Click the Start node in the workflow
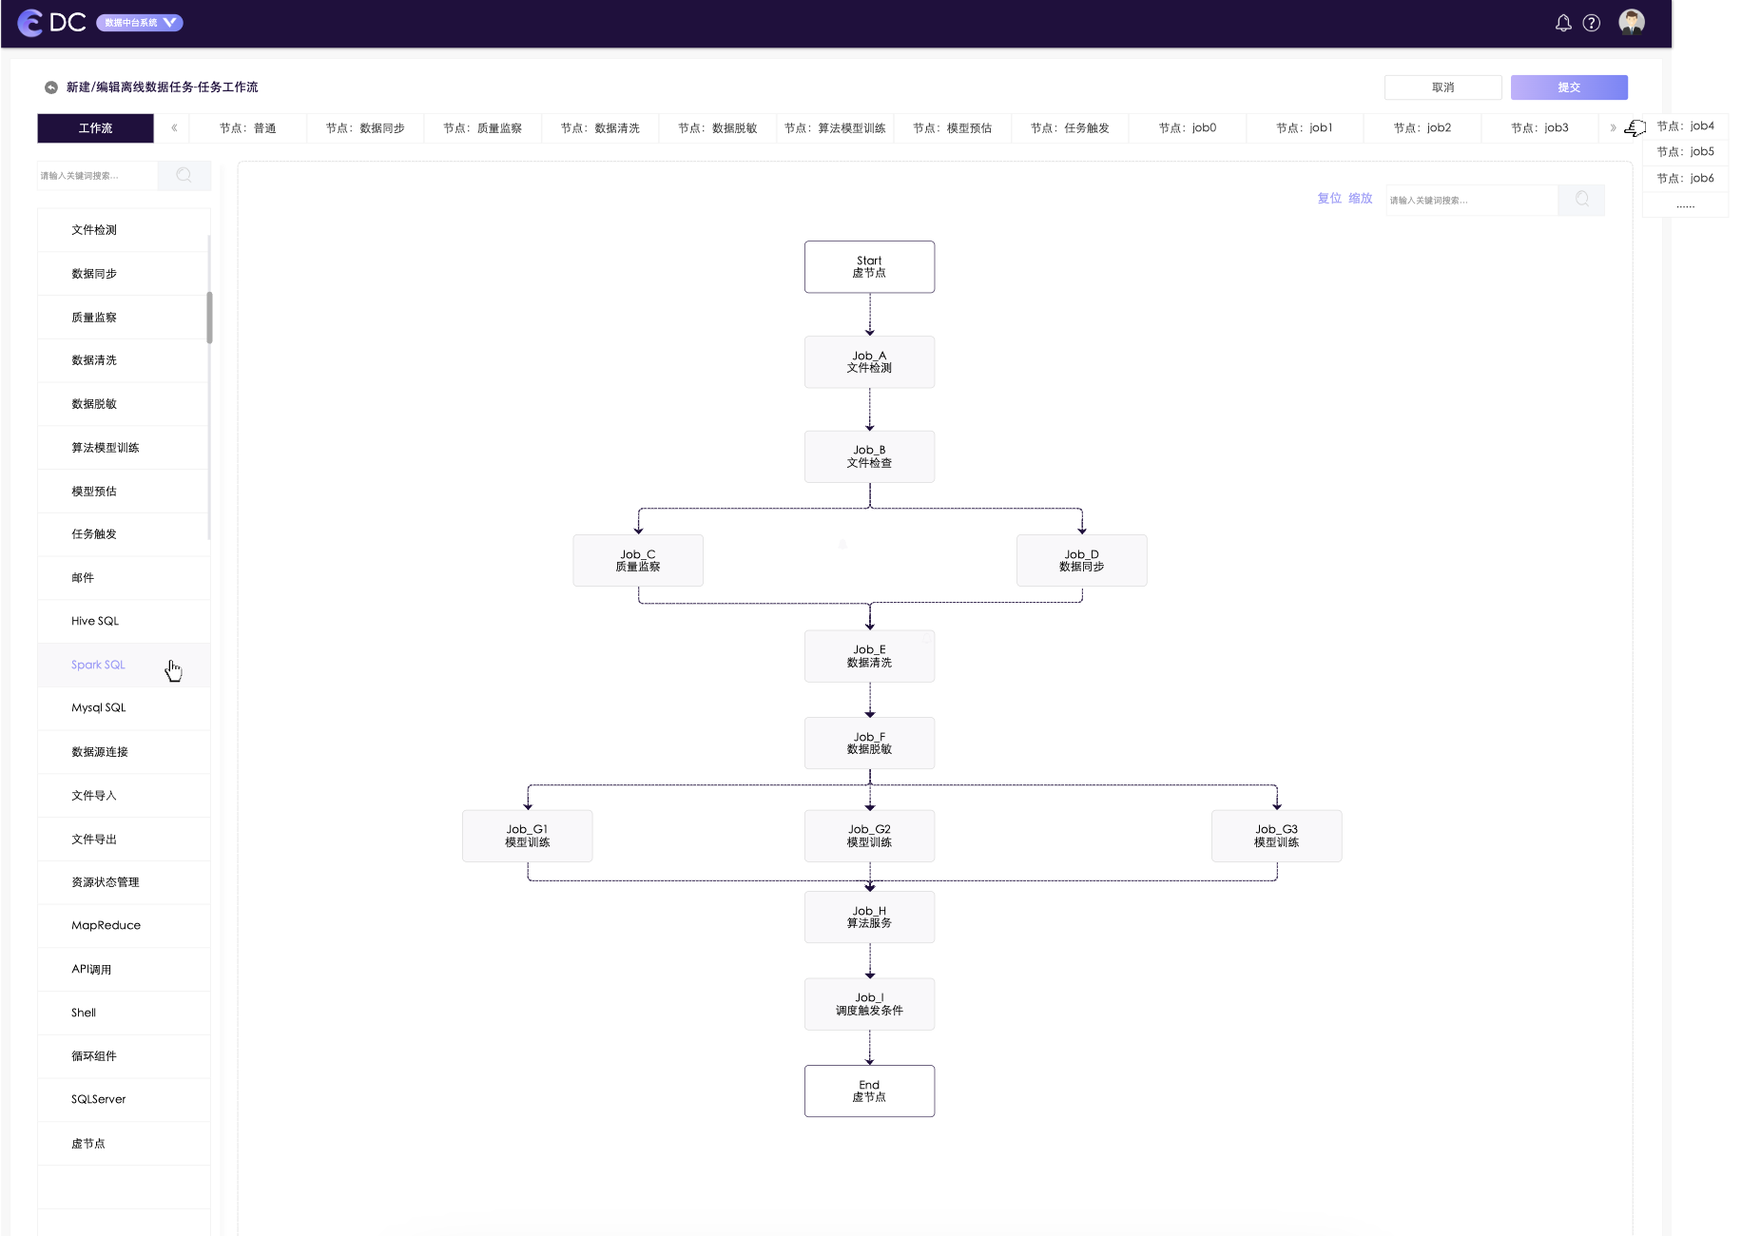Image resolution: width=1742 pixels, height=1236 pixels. pyautogui.click(x=869, y=266)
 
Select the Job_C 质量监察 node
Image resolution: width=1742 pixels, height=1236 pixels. pyautogui.click(x=638, y=560)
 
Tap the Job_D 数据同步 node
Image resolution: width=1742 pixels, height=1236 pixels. pyautogui.click(x=1081, y=560)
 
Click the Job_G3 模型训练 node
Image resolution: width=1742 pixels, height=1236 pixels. pyautogui.click(x=1276, y=836)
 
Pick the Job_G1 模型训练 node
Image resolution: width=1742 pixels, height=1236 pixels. pyautogui.click(x=527, y=836)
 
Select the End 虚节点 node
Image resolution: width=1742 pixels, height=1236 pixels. pyautogui.click(x=869, y=1091)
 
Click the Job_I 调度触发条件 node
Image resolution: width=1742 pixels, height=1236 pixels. pyautogui.click(x=869, y=1004)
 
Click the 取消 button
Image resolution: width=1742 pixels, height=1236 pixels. pyautogui.click(x=1442, y=87)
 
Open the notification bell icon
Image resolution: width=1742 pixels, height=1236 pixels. pyautogui.click(x=1563, y=23)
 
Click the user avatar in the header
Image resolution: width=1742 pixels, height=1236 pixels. pyautogui.click(x=1632, y=22)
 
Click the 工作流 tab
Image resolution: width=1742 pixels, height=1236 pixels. pyautogui.click(x=95, y=128)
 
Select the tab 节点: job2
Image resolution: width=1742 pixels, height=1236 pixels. pyautogui.click(x=1422, y=128)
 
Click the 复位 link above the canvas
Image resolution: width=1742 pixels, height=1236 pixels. pyautogui.click(x=1329, y=199)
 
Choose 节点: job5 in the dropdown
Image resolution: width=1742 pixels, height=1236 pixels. pyautogui.click(x=1685, y=152)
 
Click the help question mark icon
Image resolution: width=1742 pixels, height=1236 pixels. pyautogui.click(x=1592, y=23)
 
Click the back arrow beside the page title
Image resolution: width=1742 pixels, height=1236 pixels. pyautogui.click(x=51, y=87)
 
